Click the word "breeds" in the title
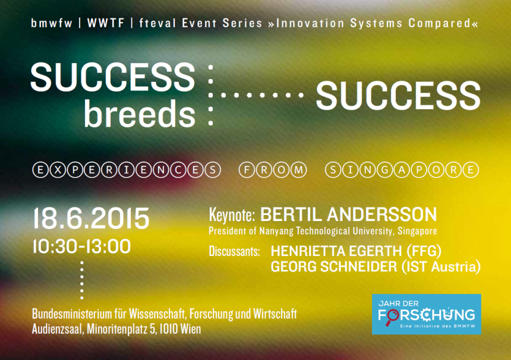140,113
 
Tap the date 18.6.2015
92,218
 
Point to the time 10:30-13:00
81,247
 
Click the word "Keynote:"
232,215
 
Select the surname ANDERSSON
382,214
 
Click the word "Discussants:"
234,251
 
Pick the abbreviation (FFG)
424,251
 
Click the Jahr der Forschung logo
426,314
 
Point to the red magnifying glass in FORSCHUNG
392,317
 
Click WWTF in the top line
106,23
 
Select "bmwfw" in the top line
52,23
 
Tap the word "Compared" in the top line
439,23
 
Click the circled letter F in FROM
247,170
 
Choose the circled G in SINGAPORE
384,170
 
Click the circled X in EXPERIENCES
58,170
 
